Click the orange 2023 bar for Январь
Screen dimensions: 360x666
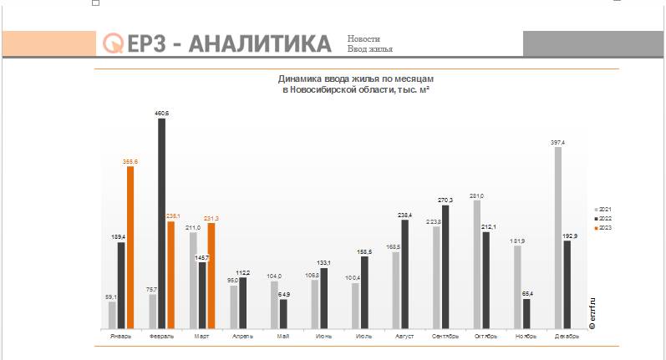coord(130,246)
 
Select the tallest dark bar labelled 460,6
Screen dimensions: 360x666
coord(161,223)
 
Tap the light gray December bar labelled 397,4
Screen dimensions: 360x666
coord(557,237)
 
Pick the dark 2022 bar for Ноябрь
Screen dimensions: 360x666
coord(526,313)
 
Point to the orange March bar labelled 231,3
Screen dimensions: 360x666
coord(211,275)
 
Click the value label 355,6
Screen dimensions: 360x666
coord(130,161)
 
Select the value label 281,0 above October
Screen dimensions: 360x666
coord(477,195)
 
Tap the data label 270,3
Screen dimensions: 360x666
coord(445,200)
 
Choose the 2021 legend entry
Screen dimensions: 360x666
coord(603,209)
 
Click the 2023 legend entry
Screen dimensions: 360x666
coord(603,227)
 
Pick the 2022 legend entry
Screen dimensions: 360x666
coord(603,218)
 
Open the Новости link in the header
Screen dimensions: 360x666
coord(364,39)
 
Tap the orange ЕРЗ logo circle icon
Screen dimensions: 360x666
coord(112,43)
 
